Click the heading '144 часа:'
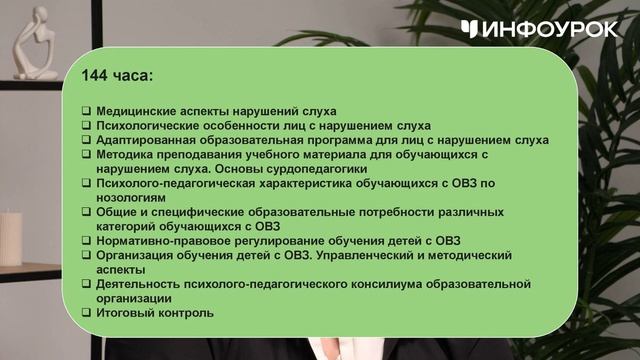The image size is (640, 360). (x=118, y=76)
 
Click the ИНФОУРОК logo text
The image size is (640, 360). (x=548, y=29)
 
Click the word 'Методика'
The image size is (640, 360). (x=125, y=155)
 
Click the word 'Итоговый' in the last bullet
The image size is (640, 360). (x=126, y=313)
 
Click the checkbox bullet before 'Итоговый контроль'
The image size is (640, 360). (x=86, y=313)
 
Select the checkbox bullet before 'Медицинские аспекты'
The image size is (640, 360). (x=86, y=111)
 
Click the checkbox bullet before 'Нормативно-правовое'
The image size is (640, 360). (x=86, y=241)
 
